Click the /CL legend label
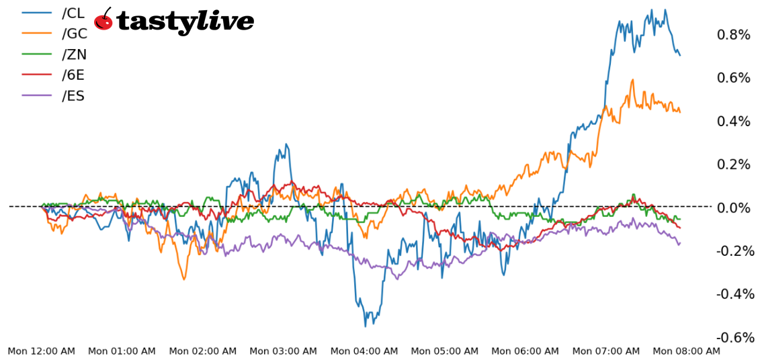pyautogui.click(x=73, y=13)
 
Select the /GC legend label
pyautogui.click(x=74, y=34)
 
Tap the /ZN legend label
pyautogui.click(x=74, y=54)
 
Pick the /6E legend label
pyautogui.click(x=73, y=75)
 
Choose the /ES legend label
pyautogui.click(x=73, y=96)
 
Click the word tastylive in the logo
pyautogui.click(x=185, y=21)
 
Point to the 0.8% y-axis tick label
pyautogui.click(x=733, y=35)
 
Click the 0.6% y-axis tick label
pyautogui.click(x=733, y=78)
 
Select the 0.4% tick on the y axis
pyautogui.click(x=733, y=122)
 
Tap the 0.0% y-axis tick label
pyautogui.click(x=733, y=208)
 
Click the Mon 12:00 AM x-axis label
pyautogui.click(x=42, y=351)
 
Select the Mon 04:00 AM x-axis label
pyautogui.click(x=364, y=351)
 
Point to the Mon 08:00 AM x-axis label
pyautogui.click(x=686, y=351)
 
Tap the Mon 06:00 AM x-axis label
pyautogui.click(x=525, y=351)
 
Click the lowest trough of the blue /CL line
pyautogui.click(x=366, y=326)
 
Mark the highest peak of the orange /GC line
pyautogui.click(x=632, y=80)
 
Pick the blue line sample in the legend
pyautogui.click(x=37, y=13)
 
